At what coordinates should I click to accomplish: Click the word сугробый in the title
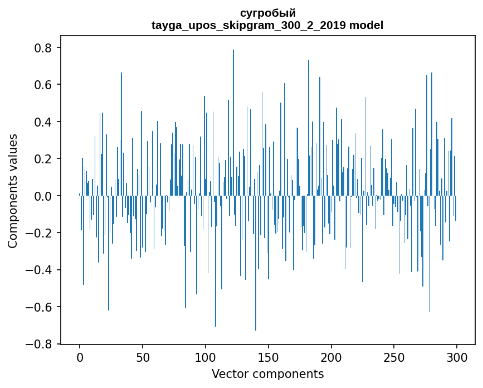[267, 13]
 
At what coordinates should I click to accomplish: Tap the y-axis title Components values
[13, 191]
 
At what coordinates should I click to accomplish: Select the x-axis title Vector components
[267, 374]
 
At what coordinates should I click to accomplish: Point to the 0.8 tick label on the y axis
[44, 48]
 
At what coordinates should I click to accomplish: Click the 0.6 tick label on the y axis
[44, 85]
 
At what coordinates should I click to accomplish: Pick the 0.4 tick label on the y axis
[44, 122]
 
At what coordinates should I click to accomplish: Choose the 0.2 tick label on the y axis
[44, 159]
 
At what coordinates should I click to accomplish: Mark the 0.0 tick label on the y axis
[44, 196]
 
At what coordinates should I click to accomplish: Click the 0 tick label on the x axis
[80, 357]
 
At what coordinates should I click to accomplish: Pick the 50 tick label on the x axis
[143, 357]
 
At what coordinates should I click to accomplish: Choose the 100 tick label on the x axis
[206, 357]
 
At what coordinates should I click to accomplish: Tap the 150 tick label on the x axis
[269, 357]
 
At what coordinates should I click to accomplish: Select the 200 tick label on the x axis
[331, 357]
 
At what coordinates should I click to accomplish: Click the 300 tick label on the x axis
[457, 357]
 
